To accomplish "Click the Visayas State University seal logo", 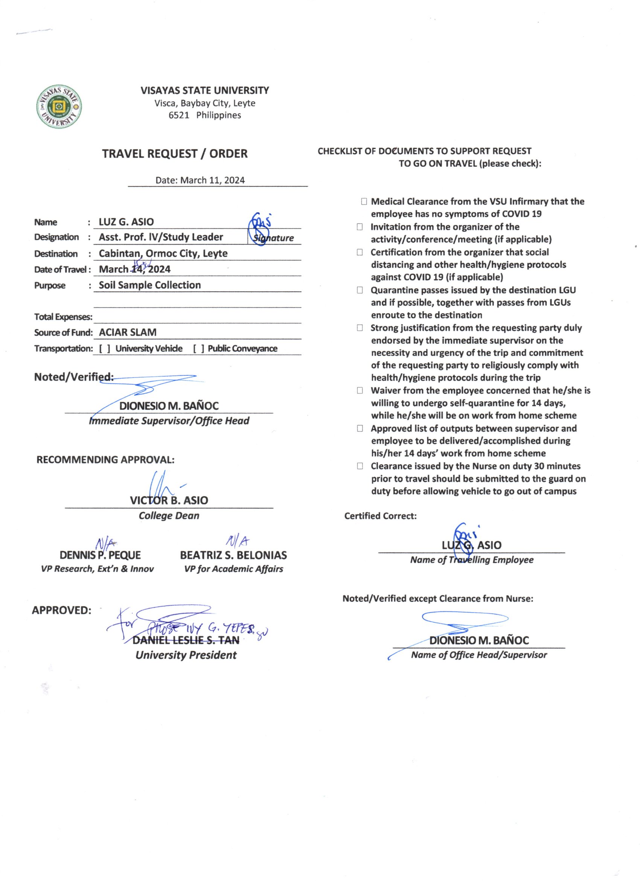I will [x=59, y=106].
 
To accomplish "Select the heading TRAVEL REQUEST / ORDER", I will [x=175, y=154].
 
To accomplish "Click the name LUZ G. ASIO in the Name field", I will [x=126, y=222].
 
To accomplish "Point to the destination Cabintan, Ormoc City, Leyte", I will [x=163, y=253].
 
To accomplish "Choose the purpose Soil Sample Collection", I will [x=149, y=285].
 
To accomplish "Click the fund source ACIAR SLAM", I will [x=127, y=332].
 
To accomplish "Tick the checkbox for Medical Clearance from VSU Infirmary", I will [x=364, y=201].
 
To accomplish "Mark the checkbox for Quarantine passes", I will [x=360, y=290].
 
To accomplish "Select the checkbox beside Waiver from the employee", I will [x=360, y=390].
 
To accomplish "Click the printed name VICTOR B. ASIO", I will [x=169, y=500].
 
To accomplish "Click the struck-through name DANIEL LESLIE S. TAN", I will [x=186, y=640].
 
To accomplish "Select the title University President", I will [x=186, y=655].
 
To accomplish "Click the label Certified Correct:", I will [x=380, y=516].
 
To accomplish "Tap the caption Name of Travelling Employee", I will [x=471, y=560].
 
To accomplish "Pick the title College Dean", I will [x=169, y=516].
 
